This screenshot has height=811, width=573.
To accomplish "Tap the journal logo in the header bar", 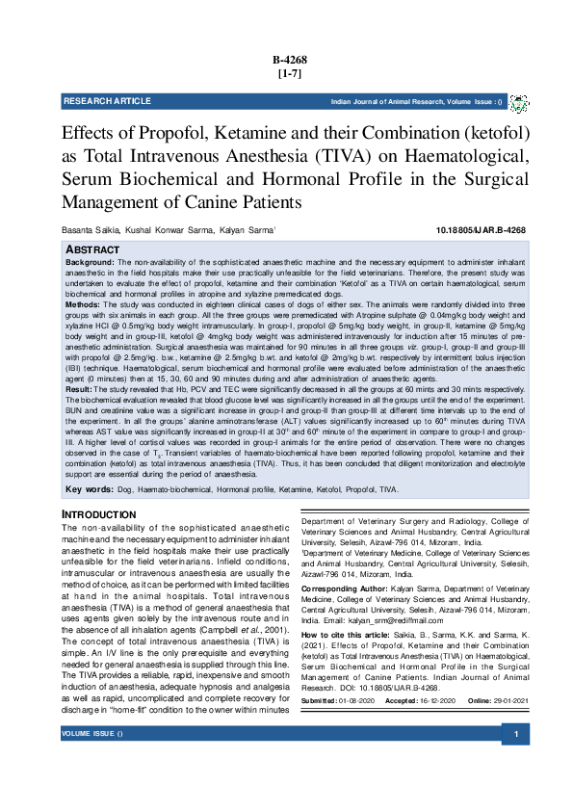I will point(518,102).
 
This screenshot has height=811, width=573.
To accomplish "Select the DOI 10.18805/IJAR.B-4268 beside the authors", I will point(482,229).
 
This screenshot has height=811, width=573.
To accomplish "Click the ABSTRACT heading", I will point(92,249).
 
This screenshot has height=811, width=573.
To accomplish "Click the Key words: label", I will point(90,490).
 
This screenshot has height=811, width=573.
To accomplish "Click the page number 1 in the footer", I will point(517,762).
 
